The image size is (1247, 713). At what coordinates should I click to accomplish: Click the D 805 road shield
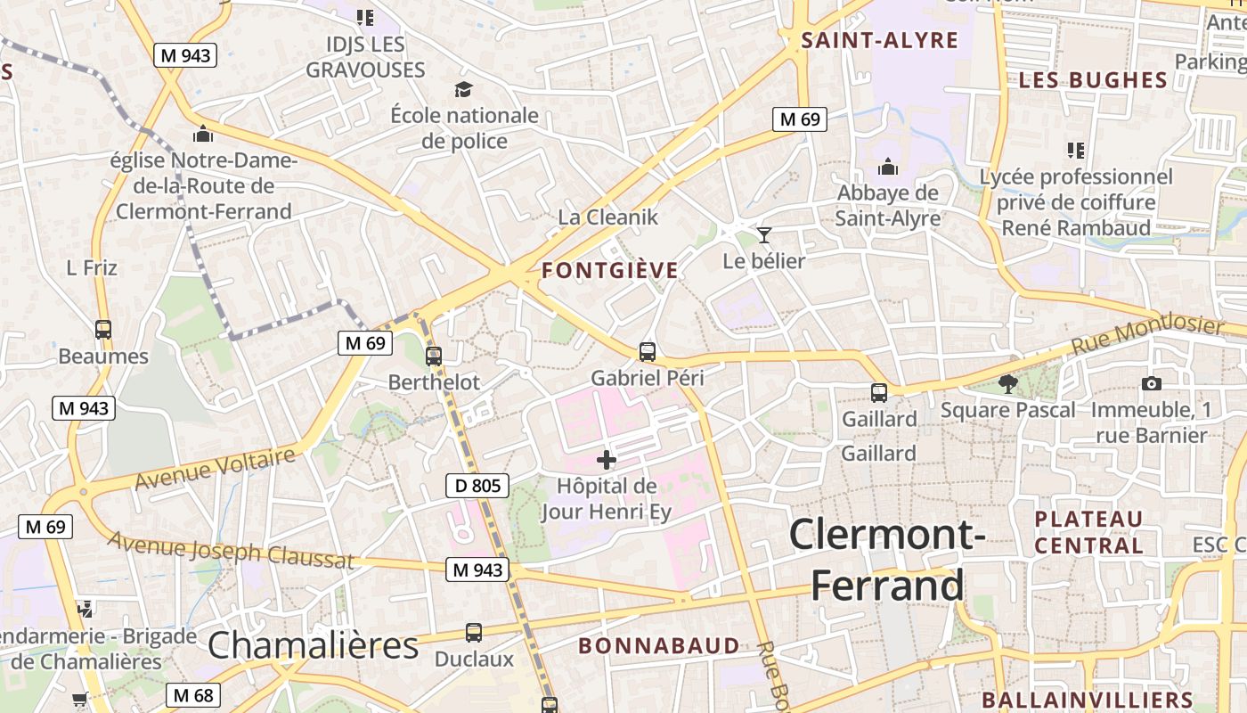click(x=477, y=486)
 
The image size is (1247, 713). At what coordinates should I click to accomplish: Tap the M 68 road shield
click(x=193, y=695)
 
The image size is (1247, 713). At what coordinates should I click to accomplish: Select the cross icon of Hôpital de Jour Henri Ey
click(x=607, y=460)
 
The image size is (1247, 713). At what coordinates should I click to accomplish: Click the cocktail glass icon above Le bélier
click(x=763, y=235)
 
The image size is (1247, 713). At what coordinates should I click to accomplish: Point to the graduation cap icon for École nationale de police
click(x=463, y=89)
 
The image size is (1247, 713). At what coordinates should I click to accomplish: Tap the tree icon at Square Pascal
click(x=1008, y=384)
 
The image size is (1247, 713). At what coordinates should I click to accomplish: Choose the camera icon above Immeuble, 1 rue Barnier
click(x=1151, y=384)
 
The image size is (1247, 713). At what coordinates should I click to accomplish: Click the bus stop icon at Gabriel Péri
click(x=648, y=352)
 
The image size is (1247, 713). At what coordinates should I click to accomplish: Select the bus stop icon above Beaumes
click(x=103, y=330)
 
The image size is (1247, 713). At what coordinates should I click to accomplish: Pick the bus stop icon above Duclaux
click(x=474, y=633)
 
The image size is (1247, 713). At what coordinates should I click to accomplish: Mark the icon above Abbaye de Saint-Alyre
click(x=887, y=167)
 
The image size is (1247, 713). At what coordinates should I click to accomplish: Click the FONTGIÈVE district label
click(x=610, y=271)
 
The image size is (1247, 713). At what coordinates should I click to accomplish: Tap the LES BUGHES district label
click(x=1093, y=80)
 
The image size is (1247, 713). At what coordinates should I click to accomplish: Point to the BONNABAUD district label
click(x=659, y=645)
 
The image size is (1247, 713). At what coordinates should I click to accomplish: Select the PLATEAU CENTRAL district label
click(x=1088, y=532)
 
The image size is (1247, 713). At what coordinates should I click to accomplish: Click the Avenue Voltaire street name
click(x=215, y=469)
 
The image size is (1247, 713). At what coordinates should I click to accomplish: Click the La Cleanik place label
click(x=608, y=217)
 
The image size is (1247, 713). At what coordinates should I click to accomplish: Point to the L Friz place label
click(x=92, y=267)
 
